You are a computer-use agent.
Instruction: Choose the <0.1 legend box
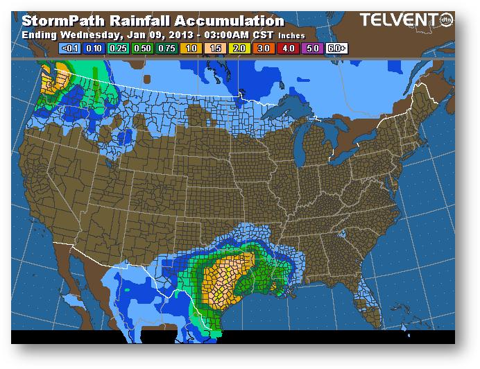click(70, 49)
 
